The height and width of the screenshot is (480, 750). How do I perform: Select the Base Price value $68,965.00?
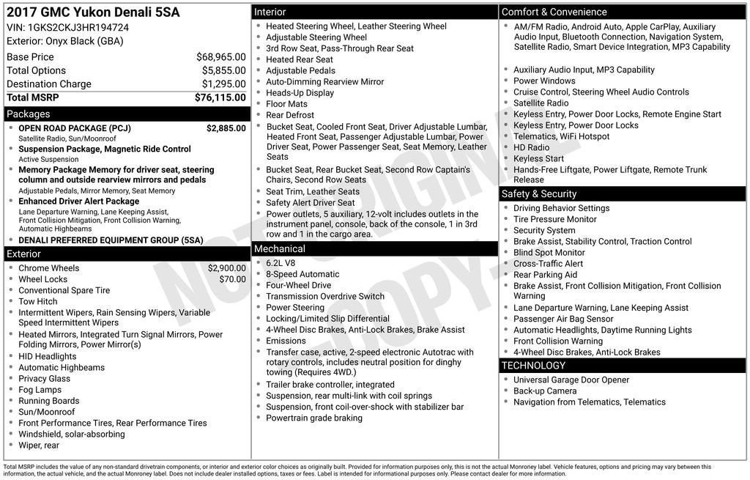(x=220, y=57)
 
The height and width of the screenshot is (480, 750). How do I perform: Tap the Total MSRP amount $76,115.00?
(x=220, y=97)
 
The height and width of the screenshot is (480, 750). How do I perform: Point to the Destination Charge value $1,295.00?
(x=223, y=84)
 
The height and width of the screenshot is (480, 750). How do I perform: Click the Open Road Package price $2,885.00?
(x=226, y=128)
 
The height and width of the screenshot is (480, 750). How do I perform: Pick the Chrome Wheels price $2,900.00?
(x=226, y=268)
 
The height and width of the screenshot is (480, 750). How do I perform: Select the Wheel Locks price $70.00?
(x=232, y=279)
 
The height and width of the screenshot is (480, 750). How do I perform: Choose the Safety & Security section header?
(x=538, y=194)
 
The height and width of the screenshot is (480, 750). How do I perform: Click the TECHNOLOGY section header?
(x=533, y=366)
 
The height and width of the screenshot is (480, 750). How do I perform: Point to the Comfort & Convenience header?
(x=554, y=12)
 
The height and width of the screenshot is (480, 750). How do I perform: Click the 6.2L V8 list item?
(x=281, y=263)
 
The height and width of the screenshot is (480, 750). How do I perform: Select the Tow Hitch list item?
(x=37, y=301)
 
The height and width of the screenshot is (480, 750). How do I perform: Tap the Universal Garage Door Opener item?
(x=571, y=380)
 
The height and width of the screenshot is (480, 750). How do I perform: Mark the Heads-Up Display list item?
(x=300, y=93)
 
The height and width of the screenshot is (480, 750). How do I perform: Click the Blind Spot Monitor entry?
(x=549, y=253)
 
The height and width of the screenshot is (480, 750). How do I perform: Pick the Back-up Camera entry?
(x=544, y=391)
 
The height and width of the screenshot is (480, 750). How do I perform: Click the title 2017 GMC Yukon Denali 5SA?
(x=92, y=12)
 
